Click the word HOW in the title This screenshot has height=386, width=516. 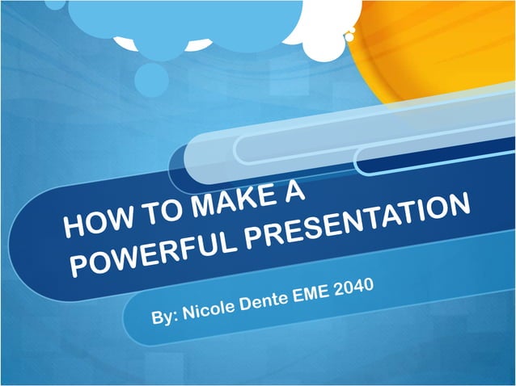coord(91,222)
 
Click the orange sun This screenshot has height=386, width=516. coord(453,48)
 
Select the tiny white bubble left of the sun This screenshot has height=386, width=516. coord(349,35)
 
